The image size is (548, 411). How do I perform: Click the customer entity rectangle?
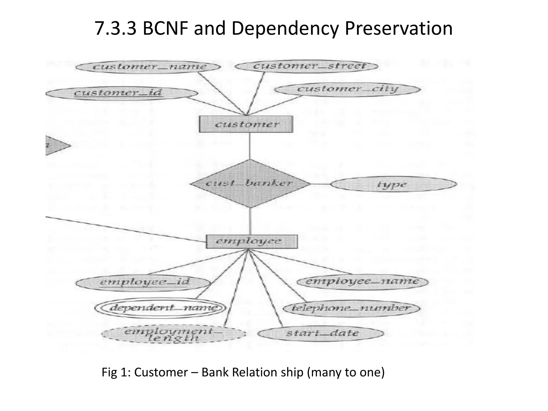pos(246,124)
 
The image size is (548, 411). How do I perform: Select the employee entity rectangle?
pos(252,241)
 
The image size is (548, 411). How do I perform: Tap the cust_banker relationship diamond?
pos(250,184)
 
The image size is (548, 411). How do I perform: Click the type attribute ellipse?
pos(393,184)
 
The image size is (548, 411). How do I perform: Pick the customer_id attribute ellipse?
pos(122,93)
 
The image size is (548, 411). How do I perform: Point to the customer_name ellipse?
pos(149,66)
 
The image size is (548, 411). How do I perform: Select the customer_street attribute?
pos(307,66)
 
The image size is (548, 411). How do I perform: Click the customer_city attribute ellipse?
pos(347,89)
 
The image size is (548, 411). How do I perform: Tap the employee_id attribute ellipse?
pos(143,282)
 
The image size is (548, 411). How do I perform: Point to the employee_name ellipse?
pos(363,282)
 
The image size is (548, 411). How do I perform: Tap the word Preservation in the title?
pos(399,29)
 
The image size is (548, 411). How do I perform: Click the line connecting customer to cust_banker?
pos(250,146)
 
